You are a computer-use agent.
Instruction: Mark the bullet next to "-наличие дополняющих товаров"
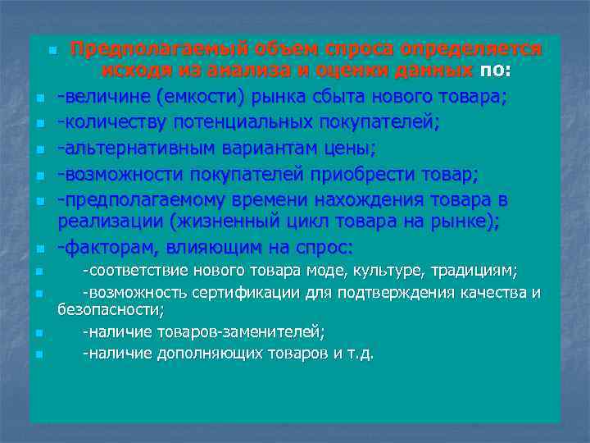click(x=39, y=355)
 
